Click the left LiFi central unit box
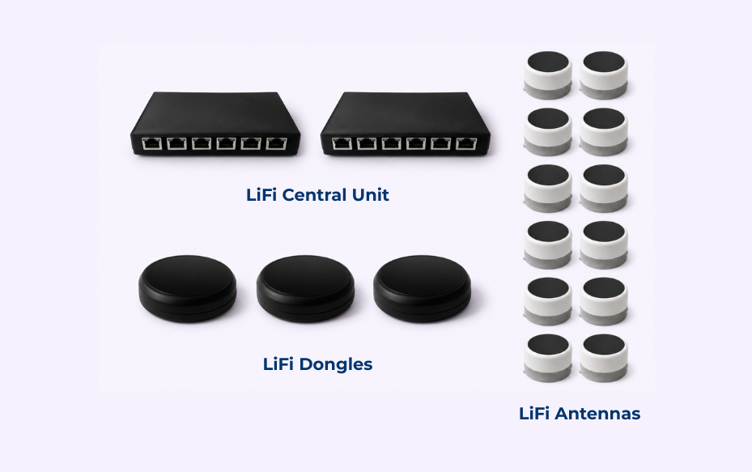coord(216,123)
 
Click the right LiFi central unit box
coord(406,123)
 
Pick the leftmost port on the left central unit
coord(151,143)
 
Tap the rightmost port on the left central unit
coord(276,143)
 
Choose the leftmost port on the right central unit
coord(342,143)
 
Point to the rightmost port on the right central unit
coord(466,143)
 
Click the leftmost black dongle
coord(188,288)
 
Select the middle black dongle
coord(305,288)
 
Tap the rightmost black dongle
coord(423,288)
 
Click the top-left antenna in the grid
coord(548,74)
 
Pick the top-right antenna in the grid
coord(604,74)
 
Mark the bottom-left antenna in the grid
coord(548,358)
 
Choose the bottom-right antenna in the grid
coord(604,358)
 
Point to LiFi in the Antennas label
coord(533,414)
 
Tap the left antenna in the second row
coord(548,131)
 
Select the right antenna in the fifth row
coord(604,301)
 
